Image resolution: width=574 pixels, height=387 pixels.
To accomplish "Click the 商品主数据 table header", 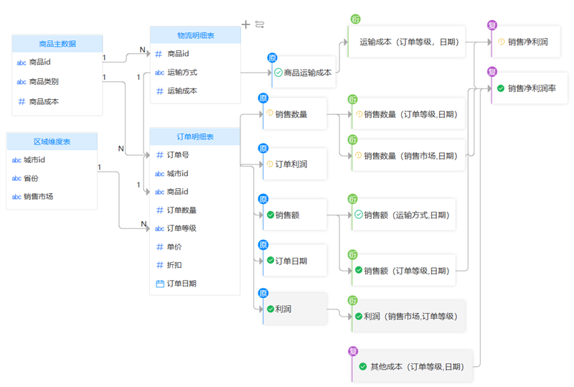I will tap(57, 44).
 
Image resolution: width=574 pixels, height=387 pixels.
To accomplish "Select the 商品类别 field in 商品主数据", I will tap(44, 82).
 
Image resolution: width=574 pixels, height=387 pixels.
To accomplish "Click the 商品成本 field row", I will tap(44, 101).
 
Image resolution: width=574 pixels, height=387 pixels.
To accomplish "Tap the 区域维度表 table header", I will tap(52, 141).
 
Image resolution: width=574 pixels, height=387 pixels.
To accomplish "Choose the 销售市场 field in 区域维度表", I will tap(38, 196).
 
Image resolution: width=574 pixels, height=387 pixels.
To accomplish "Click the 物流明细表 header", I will tap(194, 35).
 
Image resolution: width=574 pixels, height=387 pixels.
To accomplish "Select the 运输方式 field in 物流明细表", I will tap(182, 73).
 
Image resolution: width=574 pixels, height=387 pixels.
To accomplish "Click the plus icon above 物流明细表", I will tap(246, 24).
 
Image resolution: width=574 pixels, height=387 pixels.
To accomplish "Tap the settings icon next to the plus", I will tap(260, 24).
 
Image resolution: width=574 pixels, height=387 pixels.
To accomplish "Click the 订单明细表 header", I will tap(194, 136).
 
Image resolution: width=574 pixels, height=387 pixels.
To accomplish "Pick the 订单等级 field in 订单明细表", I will tap(182, 228).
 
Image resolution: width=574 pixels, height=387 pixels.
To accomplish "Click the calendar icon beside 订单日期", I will tap(160, 284).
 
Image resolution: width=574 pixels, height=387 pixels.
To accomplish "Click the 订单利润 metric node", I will tap(291, 164).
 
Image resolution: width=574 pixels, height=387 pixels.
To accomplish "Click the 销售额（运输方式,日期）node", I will tap(405, 215).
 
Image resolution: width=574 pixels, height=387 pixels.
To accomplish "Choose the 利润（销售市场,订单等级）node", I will tap(410, 316).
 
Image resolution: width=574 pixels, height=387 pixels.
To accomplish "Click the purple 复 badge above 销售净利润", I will tap(492, 25).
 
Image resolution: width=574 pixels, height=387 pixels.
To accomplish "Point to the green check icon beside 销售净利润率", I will tap(501, 88).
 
